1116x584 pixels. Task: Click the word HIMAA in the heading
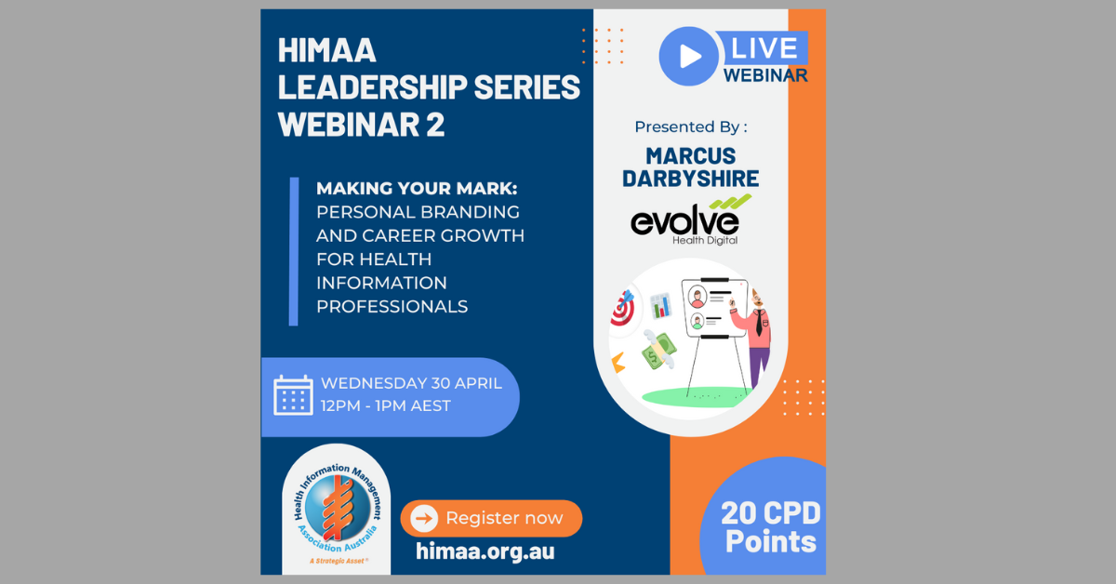click(326, 50)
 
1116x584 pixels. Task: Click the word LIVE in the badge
click(764, 48)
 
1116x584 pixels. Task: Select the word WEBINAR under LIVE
click(765, 75)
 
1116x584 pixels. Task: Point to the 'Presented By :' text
click(691, 127)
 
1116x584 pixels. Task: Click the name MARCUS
click(690, 156)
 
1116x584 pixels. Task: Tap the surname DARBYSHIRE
click(690, 179)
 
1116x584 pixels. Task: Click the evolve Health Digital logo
click(690, 220)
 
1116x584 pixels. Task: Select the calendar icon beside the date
click(294, 395)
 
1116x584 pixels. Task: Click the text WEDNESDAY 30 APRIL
click(411, 383)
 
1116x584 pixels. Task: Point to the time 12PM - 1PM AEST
click(386, 406)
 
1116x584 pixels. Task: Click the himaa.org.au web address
click(485, 551)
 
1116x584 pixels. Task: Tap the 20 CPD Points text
click(771, 527)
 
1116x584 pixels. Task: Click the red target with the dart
click(623, 309)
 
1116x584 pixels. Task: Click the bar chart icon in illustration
click(661, 305)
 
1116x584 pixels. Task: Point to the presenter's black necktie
click(759, 323)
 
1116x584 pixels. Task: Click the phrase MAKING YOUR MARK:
click(417, 189)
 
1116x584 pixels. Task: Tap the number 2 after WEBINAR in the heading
click(435, 124)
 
